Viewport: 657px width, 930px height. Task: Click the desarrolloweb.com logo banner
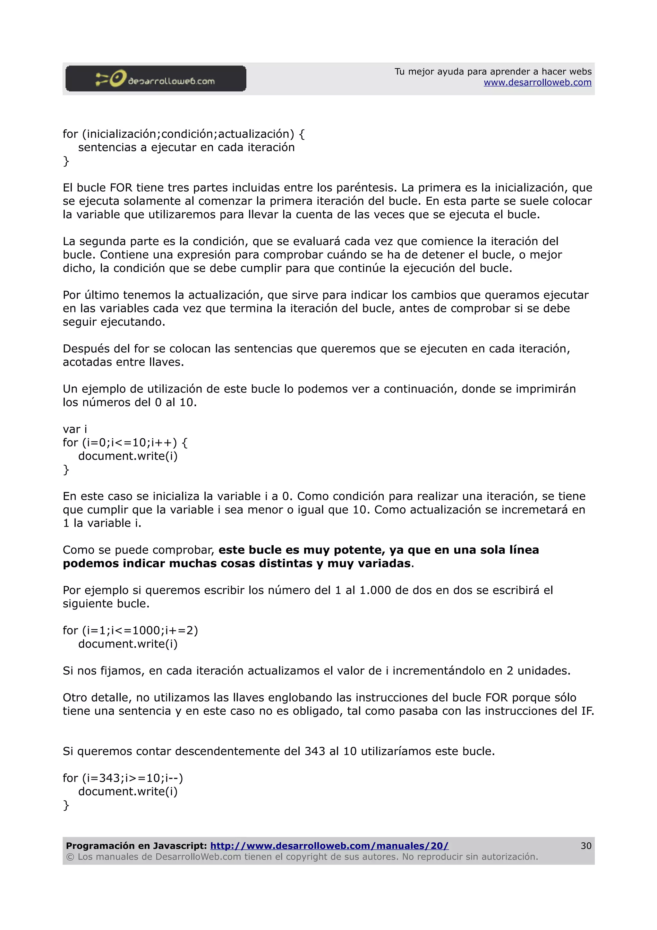click(156, 79)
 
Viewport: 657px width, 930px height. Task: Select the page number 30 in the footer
click(586, 846)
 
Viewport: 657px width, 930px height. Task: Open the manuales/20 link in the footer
click(329, 846)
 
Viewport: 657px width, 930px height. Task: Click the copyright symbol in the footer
click(70, 857)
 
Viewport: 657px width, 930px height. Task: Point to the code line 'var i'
click(75, 429)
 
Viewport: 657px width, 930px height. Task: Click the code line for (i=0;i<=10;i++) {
click(125, 443)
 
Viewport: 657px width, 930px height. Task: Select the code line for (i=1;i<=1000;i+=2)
click(130, 631)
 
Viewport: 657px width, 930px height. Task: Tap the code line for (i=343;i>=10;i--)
click(123, 778)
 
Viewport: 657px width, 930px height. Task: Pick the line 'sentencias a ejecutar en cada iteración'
click(186, 147)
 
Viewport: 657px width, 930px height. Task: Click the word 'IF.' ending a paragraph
click(587, 711)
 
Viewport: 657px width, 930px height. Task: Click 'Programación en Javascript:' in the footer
click(136, 846)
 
